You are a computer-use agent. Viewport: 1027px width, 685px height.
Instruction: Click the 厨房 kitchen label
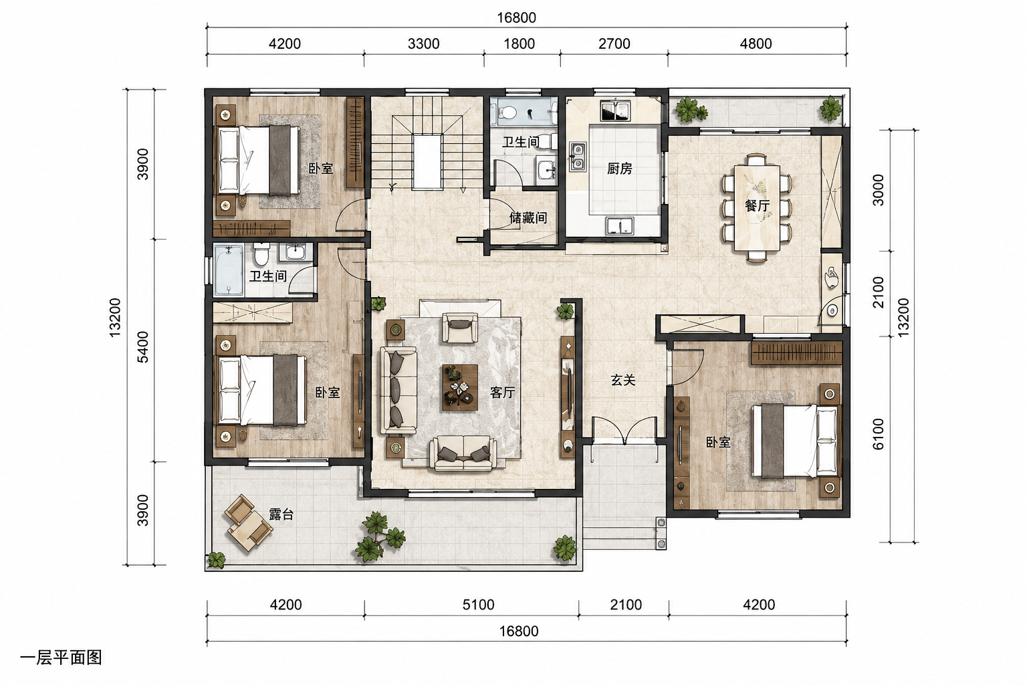pyautogui.click(x=619, y=169)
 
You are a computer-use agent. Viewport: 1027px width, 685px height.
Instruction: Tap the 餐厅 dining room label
pyautogui.click(x=757, y=205)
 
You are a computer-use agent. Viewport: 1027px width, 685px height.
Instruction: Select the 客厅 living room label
pyautogui.click(x=503, y=392)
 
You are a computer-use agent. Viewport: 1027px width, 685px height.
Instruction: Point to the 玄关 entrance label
pyautogui.click(x=623, y=380)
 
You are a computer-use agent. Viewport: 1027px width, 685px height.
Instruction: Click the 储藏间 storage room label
pyautogui.click(x=528, y=217)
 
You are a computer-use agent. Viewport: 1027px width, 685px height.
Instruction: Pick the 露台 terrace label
pyautogui.click(x=281, y=514)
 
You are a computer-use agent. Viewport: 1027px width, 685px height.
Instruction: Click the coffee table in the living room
pyautogui.click(x=460, y=387)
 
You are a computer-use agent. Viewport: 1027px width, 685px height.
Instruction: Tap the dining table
pyautogui.click(x=757, y=208)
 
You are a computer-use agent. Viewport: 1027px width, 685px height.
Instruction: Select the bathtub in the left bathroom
pyautogui.click(x=228, y=270)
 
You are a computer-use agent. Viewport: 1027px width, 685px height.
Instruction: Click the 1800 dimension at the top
pyautogui.click(x=519, y=43)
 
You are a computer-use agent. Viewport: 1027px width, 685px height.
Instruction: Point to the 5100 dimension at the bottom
pyautogui.click(x=478, y=604)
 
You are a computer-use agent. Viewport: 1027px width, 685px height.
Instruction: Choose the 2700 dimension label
pyautogui.click(x=614, y=43)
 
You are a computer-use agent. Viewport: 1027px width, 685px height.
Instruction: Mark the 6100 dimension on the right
pyautogui.click(x=878, y=433)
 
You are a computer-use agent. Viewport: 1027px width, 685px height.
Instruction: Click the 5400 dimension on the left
pyautogui.click(x=143, y=347)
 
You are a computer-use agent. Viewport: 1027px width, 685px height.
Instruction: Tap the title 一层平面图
pyautogui.click(x=61, y=658)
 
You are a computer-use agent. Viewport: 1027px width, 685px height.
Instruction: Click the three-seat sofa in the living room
pyautogui.click(x=398, y=390)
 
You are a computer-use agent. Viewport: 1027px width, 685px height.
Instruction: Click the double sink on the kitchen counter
pyautogui.click(x=578, y=157)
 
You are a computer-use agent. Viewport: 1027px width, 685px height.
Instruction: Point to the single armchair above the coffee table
pyautogui.click(x=460, y=328)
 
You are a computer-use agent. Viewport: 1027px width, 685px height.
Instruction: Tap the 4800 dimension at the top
pyautogui.click(x=756, y=43)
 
